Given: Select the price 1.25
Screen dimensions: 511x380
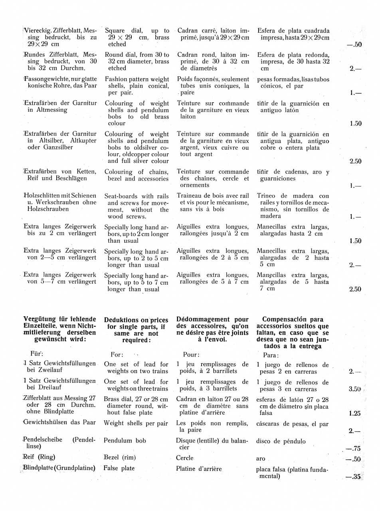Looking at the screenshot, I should click(x=355, y=413).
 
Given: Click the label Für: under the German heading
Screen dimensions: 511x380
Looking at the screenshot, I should click(x=37, y=354).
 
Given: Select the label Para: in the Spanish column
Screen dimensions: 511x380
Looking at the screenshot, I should click(x=271, y=355).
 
